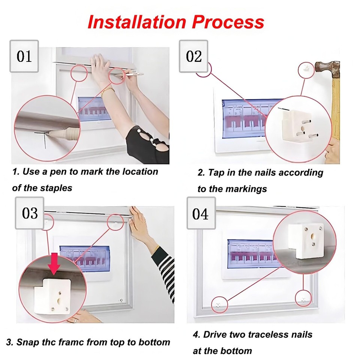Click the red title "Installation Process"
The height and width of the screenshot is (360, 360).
pos(175,22)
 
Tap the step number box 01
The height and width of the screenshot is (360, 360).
pos(24,56)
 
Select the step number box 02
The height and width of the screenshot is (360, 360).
pos(193,56)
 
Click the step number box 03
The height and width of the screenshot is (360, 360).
pos(30,213)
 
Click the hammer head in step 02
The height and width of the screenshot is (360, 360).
pos(326,68)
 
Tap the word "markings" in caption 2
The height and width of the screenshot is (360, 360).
pos(246,189)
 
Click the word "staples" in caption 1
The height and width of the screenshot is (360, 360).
pos(57,188)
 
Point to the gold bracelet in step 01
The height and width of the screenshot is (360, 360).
pos(108,90)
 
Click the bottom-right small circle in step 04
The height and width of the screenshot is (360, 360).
pos(303,299)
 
